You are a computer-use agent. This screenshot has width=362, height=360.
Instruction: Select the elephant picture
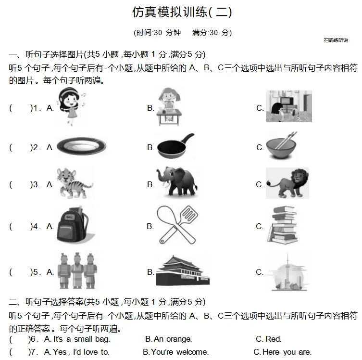[x=176, y=182]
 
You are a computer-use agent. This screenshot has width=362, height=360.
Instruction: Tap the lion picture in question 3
[x=287, y=183]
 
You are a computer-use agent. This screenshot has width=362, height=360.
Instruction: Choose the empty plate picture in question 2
[x=81, y=146]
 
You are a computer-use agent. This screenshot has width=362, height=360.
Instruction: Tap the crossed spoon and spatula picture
[x=177, y=225]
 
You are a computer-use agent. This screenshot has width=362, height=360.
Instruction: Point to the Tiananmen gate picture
[x=183, y=271]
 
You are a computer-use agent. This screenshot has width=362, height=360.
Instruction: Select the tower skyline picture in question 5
[x=287, y=272]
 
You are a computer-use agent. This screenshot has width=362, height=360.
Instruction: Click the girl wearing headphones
[x=72, y=107]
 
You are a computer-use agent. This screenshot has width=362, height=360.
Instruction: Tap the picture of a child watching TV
[x=288, y=106]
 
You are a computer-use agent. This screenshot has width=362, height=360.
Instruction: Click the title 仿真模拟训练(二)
[x=182, y=13]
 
